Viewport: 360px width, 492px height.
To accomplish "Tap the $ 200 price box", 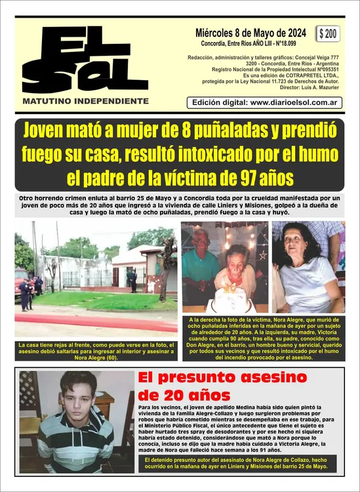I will click(x=328, y=34).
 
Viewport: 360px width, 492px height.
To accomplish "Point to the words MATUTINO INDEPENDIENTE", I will click(x=85, y=102).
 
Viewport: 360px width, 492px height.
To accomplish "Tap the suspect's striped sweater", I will click(x=75, y=443).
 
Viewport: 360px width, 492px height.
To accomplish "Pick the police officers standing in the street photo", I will click(x=28, y=292).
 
